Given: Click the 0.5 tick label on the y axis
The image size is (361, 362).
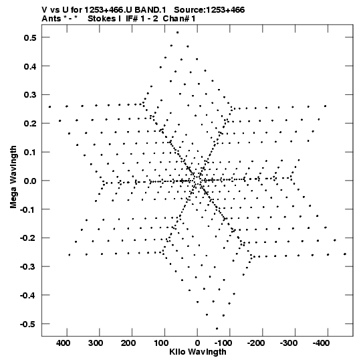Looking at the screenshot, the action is pos(30,37).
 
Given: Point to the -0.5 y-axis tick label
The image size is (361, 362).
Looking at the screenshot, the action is pos(28,325).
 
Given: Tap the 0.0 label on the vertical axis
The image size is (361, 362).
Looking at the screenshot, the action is pos(30,181).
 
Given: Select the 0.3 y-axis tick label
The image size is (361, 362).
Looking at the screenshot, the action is pos(30,95).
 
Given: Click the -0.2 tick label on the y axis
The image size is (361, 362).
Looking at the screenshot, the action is pos(28,238).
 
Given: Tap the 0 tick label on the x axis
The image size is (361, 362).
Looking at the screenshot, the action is pos(197,343).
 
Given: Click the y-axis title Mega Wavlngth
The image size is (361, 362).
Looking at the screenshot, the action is pos(13,177).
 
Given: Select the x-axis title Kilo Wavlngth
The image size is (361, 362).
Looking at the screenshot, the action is pos(198,352).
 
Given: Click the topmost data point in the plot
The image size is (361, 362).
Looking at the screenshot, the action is pos(177,33).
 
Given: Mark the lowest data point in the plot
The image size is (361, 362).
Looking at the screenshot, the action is pos(217,329).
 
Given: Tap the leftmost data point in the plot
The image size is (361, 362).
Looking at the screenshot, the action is pos(49,107).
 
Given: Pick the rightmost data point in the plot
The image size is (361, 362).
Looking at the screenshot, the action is pos(345,254).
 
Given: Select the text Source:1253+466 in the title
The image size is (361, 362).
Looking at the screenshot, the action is pos(209,10).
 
